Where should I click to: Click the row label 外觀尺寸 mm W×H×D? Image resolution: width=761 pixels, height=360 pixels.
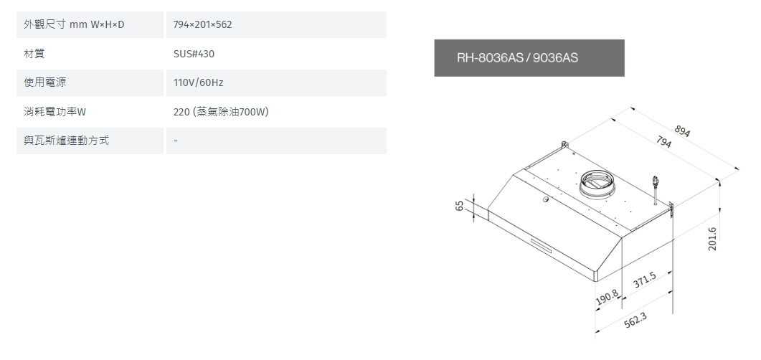74,25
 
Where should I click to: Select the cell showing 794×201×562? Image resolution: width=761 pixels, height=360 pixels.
203,25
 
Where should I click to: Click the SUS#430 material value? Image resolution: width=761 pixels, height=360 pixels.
194,54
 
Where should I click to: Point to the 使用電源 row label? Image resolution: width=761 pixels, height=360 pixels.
45,82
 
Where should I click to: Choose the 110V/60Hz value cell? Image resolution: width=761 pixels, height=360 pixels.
199,83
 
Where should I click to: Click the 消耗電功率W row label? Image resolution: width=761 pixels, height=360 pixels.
55,112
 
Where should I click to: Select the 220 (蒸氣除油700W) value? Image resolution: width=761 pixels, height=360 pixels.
221,112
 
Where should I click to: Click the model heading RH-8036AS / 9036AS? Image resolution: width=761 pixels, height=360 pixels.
517,57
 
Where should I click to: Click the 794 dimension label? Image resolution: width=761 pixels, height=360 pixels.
663,142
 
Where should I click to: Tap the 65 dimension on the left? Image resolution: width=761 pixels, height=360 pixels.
459,207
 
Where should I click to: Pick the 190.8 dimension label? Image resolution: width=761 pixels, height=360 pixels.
607,295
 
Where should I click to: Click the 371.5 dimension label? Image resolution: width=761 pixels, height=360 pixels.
645,282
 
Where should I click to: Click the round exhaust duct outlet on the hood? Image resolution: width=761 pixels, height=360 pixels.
597,183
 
